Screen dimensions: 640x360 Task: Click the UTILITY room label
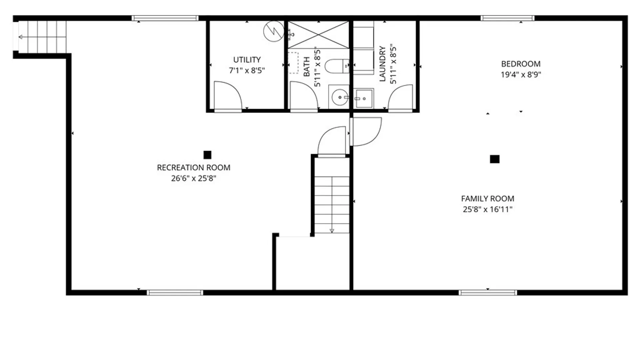pyautogui.click(x=247, y=60)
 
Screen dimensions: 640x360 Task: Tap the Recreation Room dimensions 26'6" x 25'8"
pyautogui.click(x=194, y=178)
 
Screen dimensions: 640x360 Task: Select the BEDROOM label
pyautogui.click(x=521, y=64)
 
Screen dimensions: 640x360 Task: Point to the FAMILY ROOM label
pyautogui.click(x=488, y=199)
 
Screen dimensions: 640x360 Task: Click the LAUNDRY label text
pyautogui.click(x=382, y=64)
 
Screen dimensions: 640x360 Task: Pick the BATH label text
pyautogui.click(x=307, y=67)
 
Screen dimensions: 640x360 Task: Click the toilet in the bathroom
pyautogui.click(x=337, y=66)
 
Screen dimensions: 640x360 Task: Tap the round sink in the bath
pyautogui.click(x=340, y=97)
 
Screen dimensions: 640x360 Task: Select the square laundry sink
pyautogui.click(x=363, y=98)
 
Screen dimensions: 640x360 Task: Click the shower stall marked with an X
pyautogui.click(x=318, y=35)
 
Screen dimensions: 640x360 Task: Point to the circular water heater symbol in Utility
pyautogui.click(x=274, y=32)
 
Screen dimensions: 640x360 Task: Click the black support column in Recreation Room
pyautogui.click(x=207, y=155)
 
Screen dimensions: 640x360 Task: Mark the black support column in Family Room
pyautogui.click(x=495, y=159)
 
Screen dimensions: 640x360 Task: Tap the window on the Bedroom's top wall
pyautogui.click(x=507, y=18)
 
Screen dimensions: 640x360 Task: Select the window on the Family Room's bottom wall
pyautogui.click(x=488, y=293)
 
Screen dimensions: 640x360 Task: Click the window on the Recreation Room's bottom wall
pyautogui.click(x=175, y=293)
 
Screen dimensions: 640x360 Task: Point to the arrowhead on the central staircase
pyautogui.click(x=332, y=231)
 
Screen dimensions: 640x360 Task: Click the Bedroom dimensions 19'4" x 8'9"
pyautogui.click(x=521, y=75)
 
